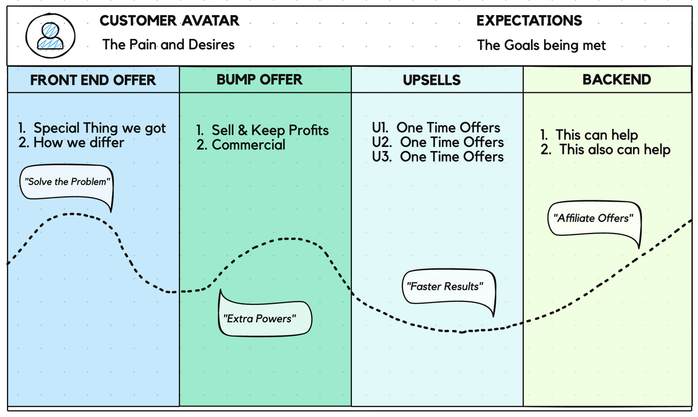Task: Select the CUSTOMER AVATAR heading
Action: click(x=169, y=21)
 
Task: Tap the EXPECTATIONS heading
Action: click(x=528, y=21)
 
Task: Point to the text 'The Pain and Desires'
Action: click(x=168, y=45)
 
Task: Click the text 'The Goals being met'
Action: click(x=541, y=45)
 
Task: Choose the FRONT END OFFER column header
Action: click(x=93, y=80)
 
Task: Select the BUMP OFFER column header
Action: click(x=260, y=80)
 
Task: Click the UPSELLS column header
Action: click(x=431, y=80)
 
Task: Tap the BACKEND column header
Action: click(x=617, y=80)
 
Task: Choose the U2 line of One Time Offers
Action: click(x=437, y=142)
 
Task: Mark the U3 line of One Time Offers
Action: click(x=437, y=157)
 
